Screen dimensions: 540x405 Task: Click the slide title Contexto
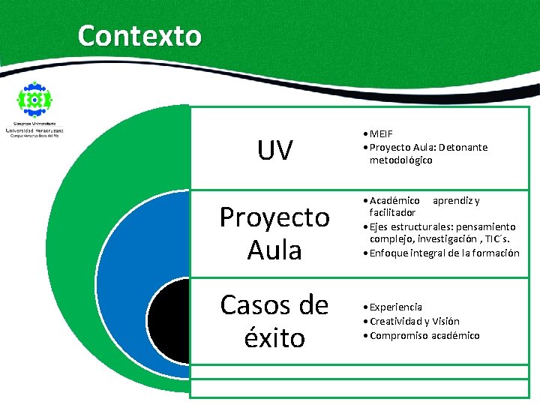[139, 35]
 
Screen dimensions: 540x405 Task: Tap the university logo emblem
[34, 99]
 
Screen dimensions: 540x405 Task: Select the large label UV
[274, 151]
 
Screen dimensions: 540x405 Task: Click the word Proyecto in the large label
[274, 217]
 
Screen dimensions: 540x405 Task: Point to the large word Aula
[274, 249]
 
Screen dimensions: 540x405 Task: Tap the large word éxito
[274, 337]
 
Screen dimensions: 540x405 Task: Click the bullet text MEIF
[382, 134]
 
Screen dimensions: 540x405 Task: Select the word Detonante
[463, 147]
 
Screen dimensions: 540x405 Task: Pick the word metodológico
[400, 160]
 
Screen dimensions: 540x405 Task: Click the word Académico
[394, 200]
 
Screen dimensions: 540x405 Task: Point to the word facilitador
[392, 213]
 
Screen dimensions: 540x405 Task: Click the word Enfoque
[389, 253]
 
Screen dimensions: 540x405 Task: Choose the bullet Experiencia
[396, 307]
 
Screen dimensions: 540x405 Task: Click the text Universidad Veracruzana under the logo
[34, 130]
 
